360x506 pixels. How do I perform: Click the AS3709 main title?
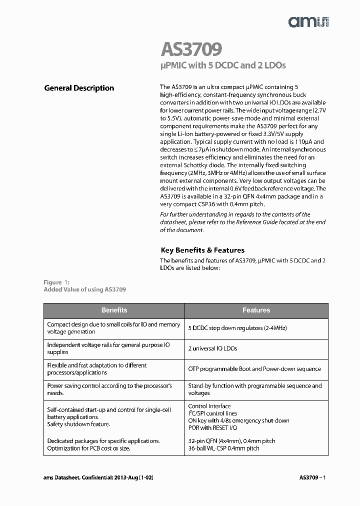click(191, 50)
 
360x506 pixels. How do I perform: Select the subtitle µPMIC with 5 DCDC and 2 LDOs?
click(223, 65)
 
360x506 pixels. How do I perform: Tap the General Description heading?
click(79, 88)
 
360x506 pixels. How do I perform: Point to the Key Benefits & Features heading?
click(202, 250)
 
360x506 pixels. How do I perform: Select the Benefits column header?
click(114, 310)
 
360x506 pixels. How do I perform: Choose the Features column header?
click(256, 310)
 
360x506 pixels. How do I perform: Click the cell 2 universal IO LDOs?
click(212, 348)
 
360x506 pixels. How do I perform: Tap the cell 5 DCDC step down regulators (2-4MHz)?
click(237, 328)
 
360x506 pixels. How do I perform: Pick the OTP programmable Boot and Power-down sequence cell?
click(254, 369)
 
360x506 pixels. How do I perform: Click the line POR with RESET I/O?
click(212, 428)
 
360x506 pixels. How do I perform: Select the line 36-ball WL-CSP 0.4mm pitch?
click(223, 448)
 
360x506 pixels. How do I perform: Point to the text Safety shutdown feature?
click(78, 424)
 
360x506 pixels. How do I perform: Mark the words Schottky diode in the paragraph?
click(207, 165)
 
